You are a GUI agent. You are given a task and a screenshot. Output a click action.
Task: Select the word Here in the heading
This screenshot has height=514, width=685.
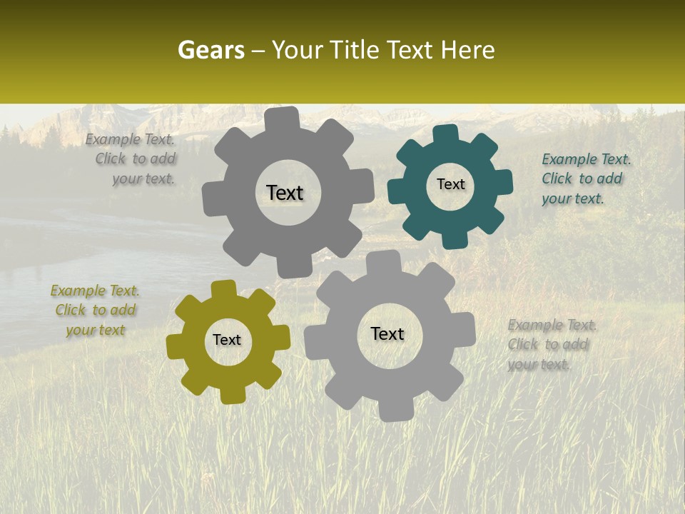[467, 51]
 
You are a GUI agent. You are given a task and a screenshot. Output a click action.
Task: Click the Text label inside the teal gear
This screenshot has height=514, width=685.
[450, 184]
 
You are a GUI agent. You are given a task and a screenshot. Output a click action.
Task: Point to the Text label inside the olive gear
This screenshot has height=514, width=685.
[227, 340]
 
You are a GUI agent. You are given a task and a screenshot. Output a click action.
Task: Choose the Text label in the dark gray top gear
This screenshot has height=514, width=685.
[285, 193]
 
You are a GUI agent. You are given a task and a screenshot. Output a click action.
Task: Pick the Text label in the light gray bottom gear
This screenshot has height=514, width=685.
[387, 333]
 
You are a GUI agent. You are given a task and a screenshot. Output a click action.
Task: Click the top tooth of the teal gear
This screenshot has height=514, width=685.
[445, 133]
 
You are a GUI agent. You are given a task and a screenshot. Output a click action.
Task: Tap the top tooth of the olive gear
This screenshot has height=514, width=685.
[223, 288]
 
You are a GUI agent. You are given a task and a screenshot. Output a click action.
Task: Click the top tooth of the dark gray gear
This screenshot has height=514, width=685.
[283, 117]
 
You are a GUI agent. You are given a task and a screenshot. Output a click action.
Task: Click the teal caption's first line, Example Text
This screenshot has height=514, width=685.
[587, 159]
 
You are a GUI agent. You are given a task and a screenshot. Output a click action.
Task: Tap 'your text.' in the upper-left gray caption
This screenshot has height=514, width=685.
[143, 179]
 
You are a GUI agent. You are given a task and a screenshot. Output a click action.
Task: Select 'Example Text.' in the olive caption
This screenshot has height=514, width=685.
[95, 291]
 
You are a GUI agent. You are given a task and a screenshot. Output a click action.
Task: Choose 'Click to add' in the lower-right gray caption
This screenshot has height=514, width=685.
[548, 345]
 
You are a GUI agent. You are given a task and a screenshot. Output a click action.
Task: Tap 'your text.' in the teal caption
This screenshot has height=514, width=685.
[573, 199]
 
